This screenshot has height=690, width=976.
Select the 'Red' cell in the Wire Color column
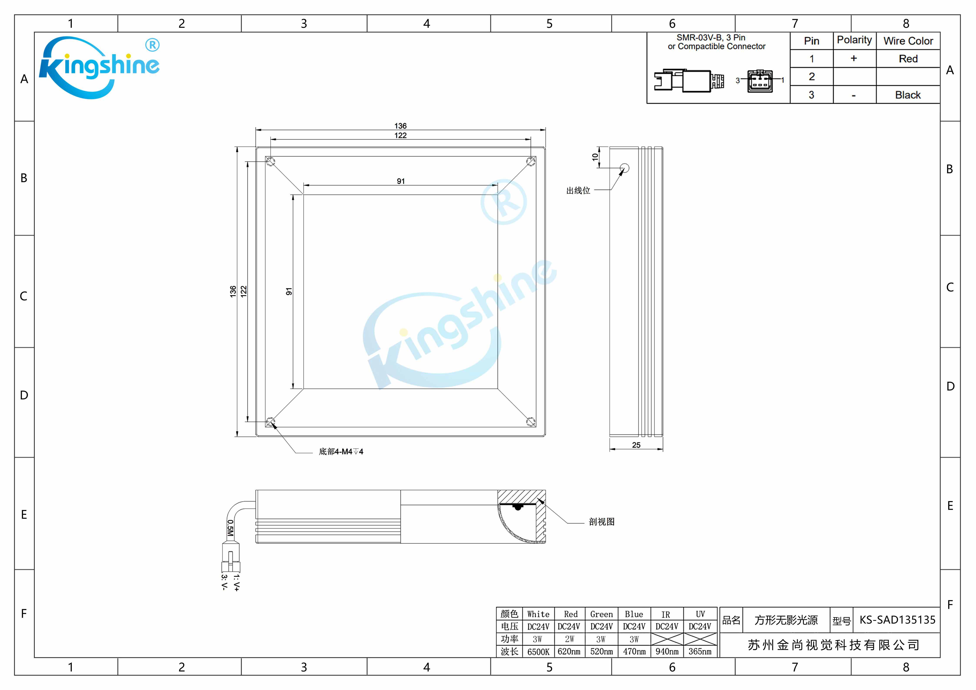click(908, 59)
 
